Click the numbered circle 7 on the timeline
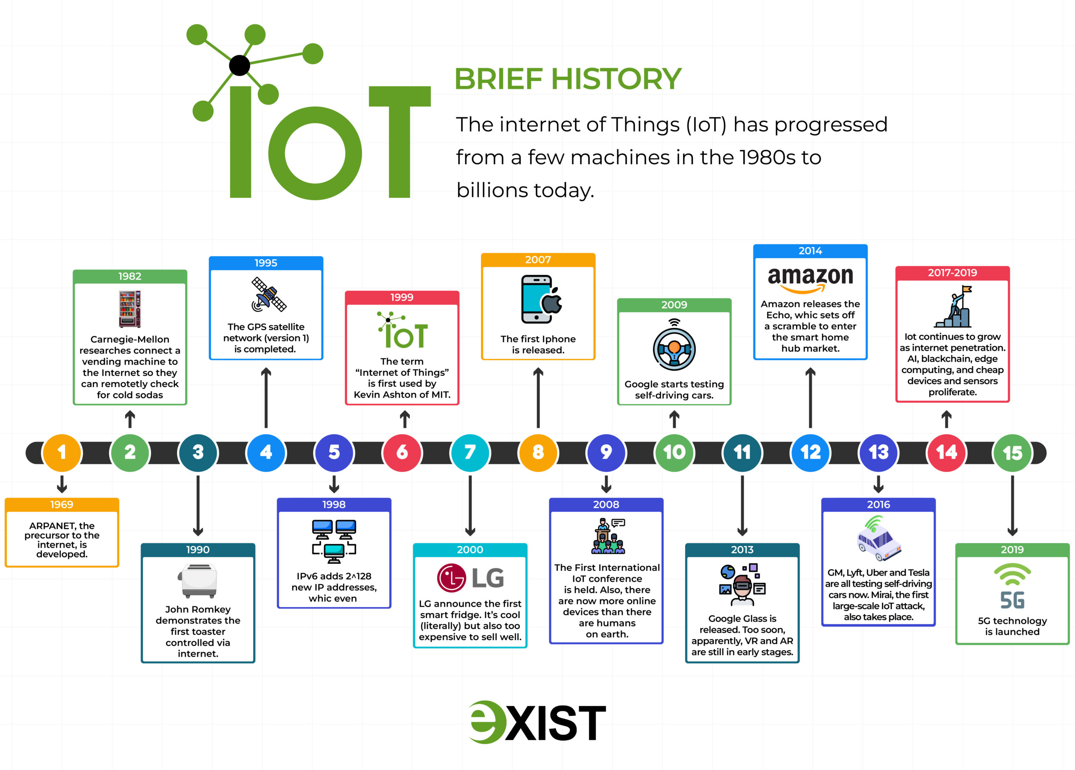click(x=470, y=453)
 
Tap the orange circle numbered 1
click(x=62, y=453)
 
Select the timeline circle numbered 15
click(x=1012, y=453)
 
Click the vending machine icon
click(x=130, y=309)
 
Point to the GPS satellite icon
click(x=269, y=294)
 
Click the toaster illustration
click(x=198, y=581)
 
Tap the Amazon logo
click(x=810, y=280)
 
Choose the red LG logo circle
click(x=451, y=578)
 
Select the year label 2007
click(x=538, y=259)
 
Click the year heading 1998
click(x=334, y=504)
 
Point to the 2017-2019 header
click(x=952, y=272)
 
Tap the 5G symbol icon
click(x=1012, y=586)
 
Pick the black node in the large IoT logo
click(x=239, y=65)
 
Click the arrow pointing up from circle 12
click(x=810, y=398)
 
